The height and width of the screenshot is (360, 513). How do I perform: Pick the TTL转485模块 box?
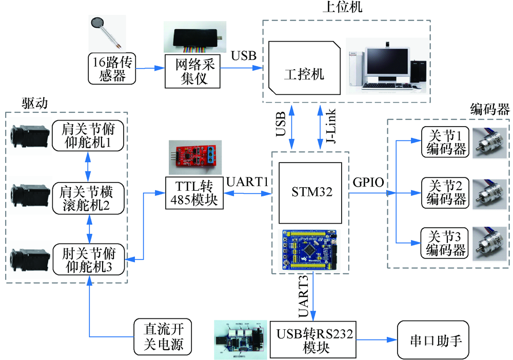click(x=191, y=193)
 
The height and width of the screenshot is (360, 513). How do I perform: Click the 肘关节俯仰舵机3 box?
click(x=88, y=260)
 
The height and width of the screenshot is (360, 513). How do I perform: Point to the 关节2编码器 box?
click(x=444, y=193)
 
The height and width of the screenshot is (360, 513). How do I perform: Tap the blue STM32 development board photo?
click(x=310, y=250)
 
